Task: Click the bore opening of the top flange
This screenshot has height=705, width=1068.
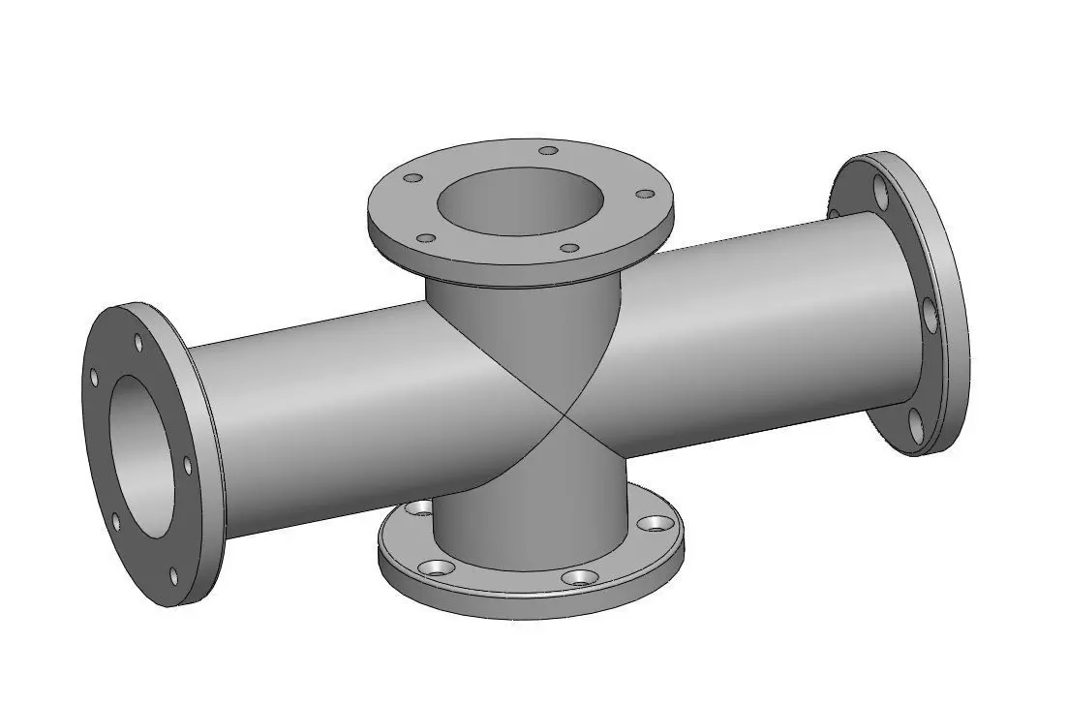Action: coord(521,203)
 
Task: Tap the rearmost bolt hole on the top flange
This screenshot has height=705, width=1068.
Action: coord(548,150)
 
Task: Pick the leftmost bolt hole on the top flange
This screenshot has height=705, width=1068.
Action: coord(412,179)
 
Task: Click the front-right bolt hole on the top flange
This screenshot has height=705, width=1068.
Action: coord(570,248)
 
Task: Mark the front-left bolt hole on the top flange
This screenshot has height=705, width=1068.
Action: coord(425,238)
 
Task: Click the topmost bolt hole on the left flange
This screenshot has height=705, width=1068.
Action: coord(138,343)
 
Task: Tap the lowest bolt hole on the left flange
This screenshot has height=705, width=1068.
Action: coord(174,576)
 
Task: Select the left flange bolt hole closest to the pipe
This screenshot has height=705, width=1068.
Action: coord(188,466)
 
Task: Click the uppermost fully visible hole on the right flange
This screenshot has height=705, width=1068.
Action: coord(879,191)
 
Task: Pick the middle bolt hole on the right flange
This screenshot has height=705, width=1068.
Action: coord(930,315)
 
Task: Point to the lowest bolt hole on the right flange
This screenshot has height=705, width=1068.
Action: coord(913,422)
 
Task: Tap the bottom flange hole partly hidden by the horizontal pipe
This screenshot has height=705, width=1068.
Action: coord(419,506)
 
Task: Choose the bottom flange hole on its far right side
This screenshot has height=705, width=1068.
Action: coord(657,523)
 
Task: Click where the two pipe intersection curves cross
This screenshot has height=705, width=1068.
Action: coord(564,414)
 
